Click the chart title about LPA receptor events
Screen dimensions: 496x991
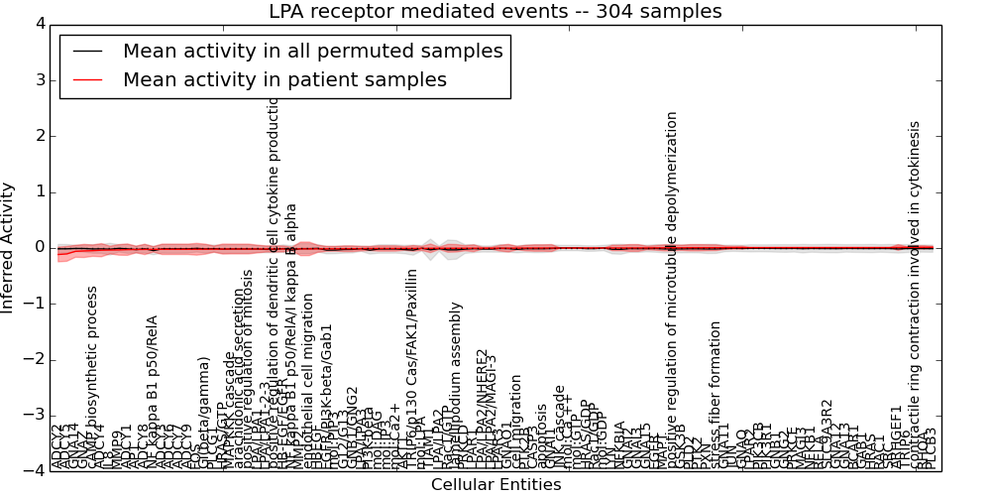pyautogui.click(x=495, y=12)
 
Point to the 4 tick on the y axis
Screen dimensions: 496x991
pyautogui.click(x=39, y=24)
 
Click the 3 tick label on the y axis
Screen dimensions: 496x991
pyautogui.click(x=39, y=79)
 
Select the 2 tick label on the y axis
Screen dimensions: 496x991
pyautogui.click(x=39, y=136)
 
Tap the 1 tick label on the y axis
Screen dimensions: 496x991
pyautogui.click(x=39, y=191)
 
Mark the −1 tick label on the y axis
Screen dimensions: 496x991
pyautogui.click(x=35, y=304)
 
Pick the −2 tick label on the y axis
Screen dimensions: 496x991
pyautogui.click(x=35, y=359)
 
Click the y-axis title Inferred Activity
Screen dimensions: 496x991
pyautogui.click(x=9, y=247)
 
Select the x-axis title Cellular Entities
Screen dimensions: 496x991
pyautogui.click(x=495, y=485)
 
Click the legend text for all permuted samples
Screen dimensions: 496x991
pyautogui.click(x=312, y=51)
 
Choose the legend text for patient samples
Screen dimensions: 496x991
pyautogui.click(x=284, y=79)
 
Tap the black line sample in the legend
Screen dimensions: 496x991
pyautogui.click(x=88, y=51)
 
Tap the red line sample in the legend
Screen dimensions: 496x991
pyautogui.click(x=88, y=79)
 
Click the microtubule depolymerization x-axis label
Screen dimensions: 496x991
pyautogui.click(x=673, y=288)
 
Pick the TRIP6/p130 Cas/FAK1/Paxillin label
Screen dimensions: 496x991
pyautogui.click(x=411, y=367)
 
